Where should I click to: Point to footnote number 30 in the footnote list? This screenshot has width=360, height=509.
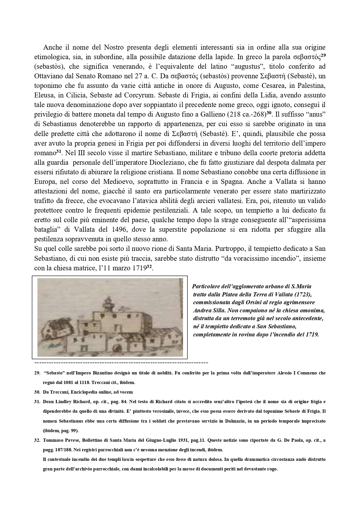pos(37,392)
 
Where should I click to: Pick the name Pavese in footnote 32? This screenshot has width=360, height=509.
pos(69,440)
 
